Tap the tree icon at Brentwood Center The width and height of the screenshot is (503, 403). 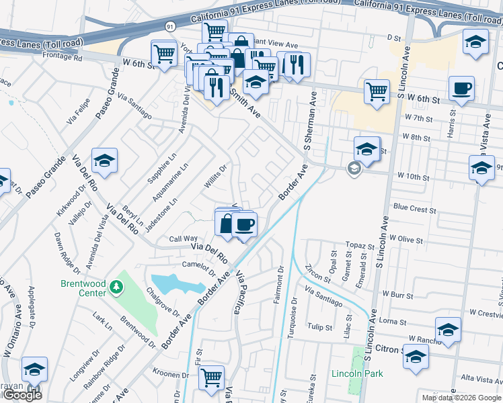click(x=117, y=287)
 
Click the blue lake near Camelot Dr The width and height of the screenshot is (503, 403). click(x=176, y=283)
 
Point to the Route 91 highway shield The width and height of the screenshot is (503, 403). click(x=170, y=26)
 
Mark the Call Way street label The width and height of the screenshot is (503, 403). click(x=183, y=238)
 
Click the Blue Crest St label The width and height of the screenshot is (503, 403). click(x=414, y=209)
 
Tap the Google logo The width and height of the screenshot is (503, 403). click(x=22, y=395)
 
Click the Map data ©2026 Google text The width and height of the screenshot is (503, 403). click(x=461, y=398)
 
